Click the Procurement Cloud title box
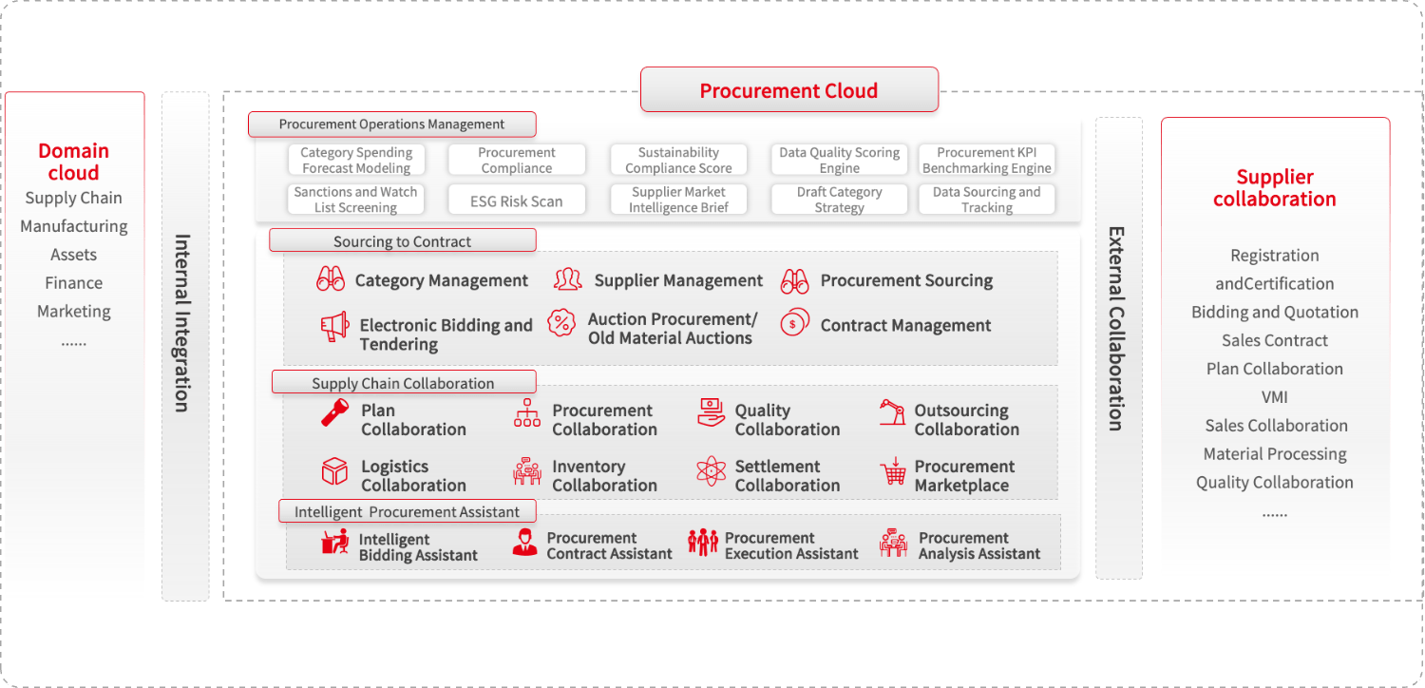[788, 90]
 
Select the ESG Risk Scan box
[517, 201]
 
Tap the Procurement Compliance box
[517, 161]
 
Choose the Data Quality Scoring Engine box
[839, 161]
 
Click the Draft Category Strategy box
[839, 200]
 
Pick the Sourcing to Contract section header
[403, 241]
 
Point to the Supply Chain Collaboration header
[404, 383]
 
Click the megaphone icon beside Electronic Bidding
[333, 327]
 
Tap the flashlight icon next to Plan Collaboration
[334, 412]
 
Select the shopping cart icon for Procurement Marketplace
[893, 471]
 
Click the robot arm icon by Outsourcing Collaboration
[893, 413]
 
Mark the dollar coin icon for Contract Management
[794, 323]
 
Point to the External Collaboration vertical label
[1117, 328]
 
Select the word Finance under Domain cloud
[73, 283]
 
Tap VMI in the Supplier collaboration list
[1274, 397]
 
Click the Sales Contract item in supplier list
[1274, 340]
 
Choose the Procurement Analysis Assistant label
[978, 545]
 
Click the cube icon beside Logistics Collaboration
[334, 470]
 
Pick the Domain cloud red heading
[73, 162]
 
